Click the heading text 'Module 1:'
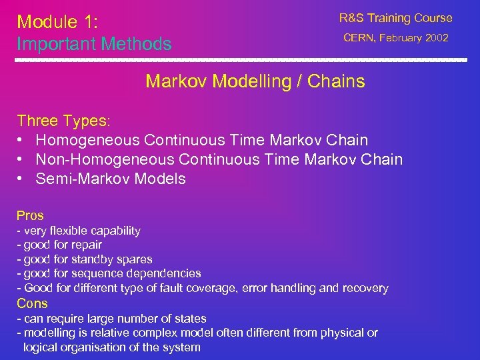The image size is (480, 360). point(57,22)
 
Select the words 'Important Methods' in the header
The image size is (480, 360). point(94,45)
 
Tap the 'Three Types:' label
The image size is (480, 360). point(64,121)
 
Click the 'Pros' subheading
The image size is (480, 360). point(30,215)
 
